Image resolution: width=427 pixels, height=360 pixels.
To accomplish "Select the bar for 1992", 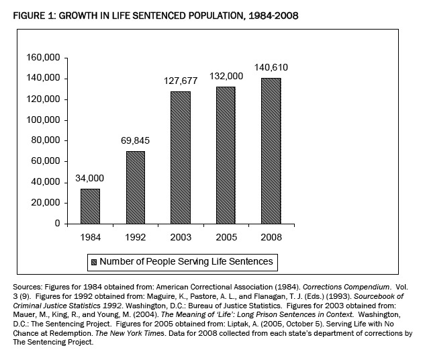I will coord(135,187).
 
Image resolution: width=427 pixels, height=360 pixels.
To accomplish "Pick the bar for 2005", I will coord(226,155).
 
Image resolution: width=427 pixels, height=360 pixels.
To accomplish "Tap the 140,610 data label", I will coord(269,67).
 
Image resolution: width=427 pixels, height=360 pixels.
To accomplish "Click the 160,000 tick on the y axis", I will coord(43,58).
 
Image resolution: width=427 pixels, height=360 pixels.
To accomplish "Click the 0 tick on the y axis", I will coord(58,224).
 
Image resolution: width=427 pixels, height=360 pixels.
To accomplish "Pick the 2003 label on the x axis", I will coord(181,237).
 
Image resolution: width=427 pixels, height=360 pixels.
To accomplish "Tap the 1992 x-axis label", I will coord(136,237).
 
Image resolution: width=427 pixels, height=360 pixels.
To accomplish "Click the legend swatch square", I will coord(95,261).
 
